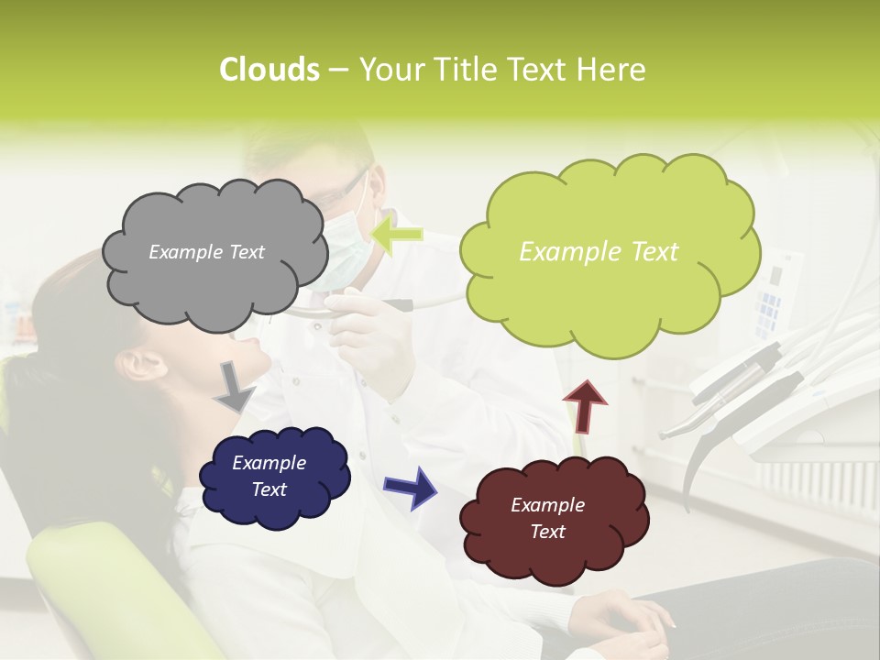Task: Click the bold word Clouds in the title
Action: (269, 70)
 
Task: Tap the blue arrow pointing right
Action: (410, 487)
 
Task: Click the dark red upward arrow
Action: (584, 406)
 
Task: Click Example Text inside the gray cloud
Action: (206, 252)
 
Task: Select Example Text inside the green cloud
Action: (599, 252)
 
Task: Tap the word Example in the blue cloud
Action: (269, 463)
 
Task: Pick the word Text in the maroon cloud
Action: (547, 532)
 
